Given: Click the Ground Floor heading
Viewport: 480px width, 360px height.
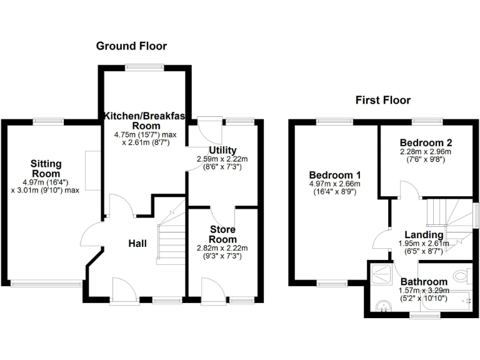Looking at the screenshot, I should point(131,46).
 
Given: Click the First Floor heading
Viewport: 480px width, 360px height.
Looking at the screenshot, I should point(382,100).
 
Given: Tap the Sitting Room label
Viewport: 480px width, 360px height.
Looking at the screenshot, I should point(46,169).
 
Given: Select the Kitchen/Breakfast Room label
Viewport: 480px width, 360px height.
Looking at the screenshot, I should point(145,121).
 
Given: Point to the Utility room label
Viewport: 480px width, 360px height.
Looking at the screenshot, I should point(222,151).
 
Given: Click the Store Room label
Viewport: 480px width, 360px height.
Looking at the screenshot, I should point(222,234).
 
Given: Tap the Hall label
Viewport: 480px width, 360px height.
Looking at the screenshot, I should point(137,242).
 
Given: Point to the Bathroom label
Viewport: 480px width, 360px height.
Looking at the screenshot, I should point(424,282).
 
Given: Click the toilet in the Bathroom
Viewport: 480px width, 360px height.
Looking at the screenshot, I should point(462,274).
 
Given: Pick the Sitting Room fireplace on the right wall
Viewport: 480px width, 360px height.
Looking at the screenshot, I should point(94,170).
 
